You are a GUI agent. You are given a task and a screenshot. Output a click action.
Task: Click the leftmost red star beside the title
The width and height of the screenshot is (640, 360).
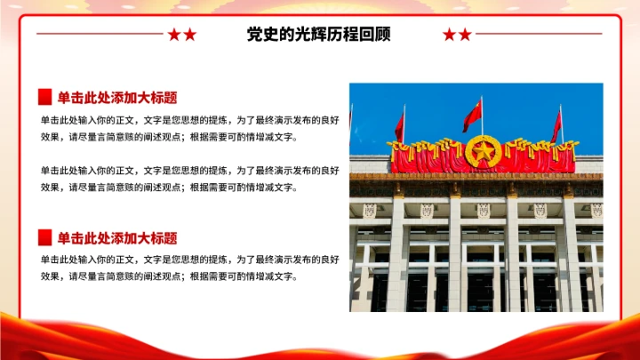(x=174, y=35)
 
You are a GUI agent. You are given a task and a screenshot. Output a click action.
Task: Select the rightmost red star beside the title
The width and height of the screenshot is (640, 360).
(x=465, y=35)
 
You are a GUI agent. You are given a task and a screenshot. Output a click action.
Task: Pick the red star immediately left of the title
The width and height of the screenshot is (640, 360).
(x=189, y=35)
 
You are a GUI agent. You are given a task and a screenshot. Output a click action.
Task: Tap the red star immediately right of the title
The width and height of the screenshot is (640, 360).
(x=450, y=35)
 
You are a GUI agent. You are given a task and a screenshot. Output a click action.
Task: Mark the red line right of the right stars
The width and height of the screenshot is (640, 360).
(x=538, y=35)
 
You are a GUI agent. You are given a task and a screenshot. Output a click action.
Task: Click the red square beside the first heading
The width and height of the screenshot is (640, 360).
(x=44, y=97)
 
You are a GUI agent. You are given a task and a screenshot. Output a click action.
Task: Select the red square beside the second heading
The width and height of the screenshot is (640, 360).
(x=44, y=237)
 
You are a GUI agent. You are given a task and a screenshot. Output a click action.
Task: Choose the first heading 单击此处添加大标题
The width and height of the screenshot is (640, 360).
(x=117, y=98)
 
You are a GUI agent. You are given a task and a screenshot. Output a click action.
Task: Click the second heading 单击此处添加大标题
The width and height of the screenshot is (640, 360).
(x=117, y=238)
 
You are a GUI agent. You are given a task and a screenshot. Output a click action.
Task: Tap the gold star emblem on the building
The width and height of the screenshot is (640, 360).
(x=483, y=150)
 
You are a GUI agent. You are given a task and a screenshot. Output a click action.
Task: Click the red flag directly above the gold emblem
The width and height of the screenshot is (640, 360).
(x=472, y=115)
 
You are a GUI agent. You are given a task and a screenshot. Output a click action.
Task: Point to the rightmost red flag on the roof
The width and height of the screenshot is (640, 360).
(x=556, y=126)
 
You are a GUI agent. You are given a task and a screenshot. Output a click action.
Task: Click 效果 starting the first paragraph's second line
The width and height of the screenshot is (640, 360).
(x=50, y=137)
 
